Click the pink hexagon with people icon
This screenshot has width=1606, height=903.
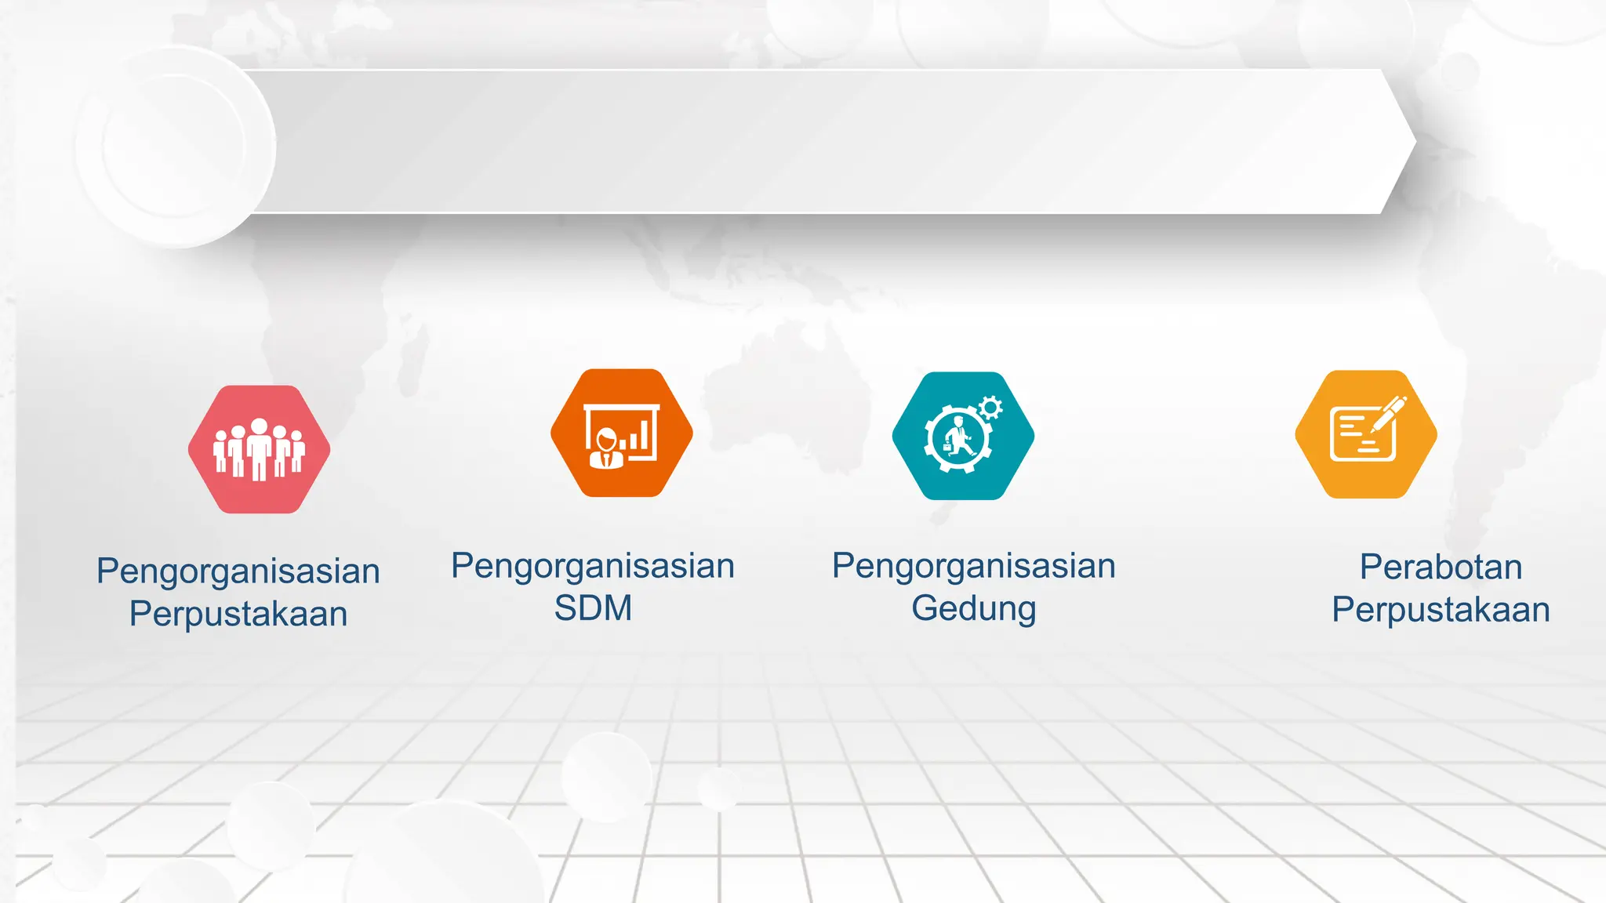point(259,449)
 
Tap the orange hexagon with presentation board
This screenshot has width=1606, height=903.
point(622,433)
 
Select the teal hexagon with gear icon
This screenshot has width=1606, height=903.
point(963,436)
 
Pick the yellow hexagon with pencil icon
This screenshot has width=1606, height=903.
point(1366,434)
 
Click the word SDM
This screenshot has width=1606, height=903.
point(593,608)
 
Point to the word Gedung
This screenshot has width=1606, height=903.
point(973,609)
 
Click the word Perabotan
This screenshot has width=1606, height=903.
point(1441,567)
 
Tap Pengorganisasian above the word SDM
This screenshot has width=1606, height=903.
point(593,566)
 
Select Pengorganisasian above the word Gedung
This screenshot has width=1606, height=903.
point(973,566)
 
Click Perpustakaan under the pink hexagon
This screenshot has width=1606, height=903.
point(238,614)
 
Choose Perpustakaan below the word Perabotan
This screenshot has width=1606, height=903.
point(1441,610)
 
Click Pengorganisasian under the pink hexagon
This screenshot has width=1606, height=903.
point(238,571)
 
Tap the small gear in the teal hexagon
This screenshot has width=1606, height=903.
point(990,407)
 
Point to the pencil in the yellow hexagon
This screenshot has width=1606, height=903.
point(1390,412)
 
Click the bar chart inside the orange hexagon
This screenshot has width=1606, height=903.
point(638,436)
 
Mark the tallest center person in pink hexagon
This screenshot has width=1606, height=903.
point(259,448)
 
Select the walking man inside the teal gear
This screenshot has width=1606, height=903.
point(957,437)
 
